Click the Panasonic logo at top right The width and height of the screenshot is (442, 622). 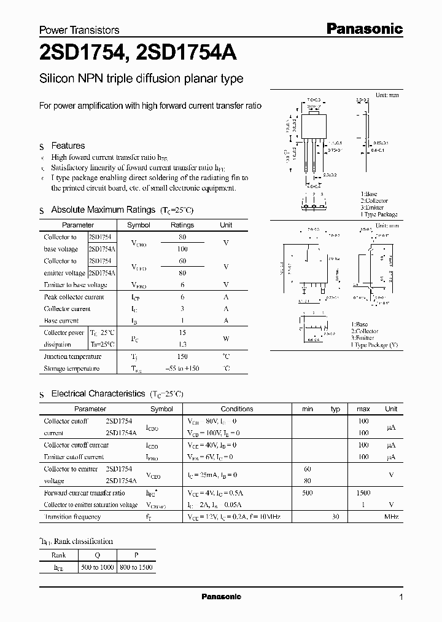point(363,28)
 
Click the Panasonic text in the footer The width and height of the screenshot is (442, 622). point(222,597)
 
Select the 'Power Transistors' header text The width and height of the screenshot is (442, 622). point(79,30)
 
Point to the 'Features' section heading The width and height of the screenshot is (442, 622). point(68,146)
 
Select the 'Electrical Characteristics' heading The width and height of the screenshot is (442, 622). point(98,393)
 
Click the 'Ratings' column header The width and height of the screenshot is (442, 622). point(182,225)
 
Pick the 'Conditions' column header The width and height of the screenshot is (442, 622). point(237,409)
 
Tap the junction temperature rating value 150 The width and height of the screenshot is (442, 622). point(182,356)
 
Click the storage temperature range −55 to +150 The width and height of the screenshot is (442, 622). point(182,369)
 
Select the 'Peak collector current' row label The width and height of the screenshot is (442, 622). point(74,297)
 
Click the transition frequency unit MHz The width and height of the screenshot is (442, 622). point(391,517)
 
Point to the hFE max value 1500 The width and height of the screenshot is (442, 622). point(363,493)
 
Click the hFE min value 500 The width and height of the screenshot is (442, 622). point(308,493)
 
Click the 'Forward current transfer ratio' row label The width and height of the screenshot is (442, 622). point(84,493)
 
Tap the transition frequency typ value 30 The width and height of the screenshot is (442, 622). point(335,517)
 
